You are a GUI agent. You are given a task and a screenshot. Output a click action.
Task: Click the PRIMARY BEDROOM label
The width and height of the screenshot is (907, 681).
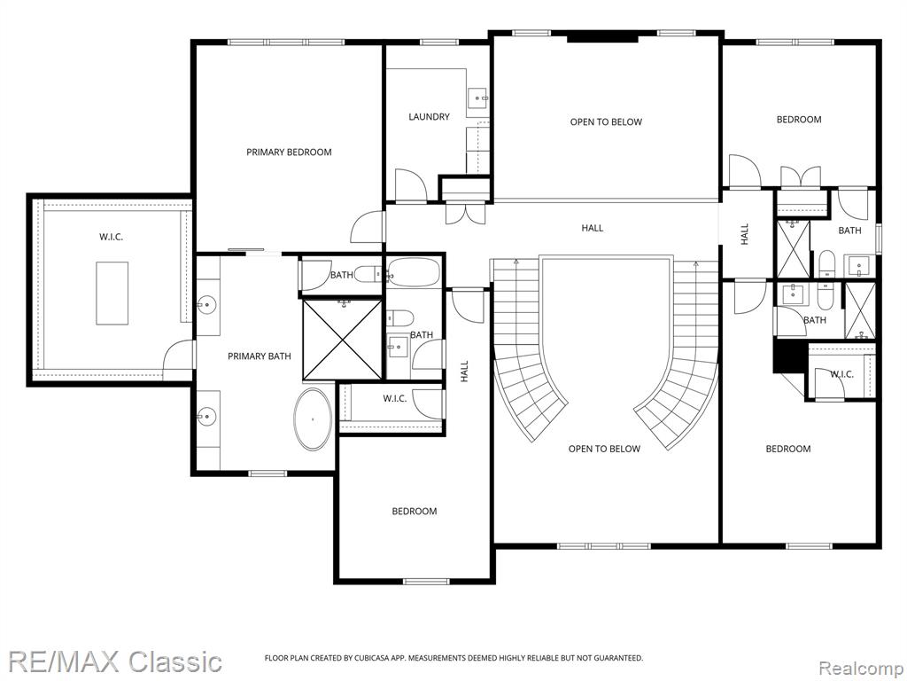[x=289, y=153]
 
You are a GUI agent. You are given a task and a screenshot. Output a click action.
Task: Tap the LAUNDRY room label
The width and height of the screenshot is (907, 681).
[x=429, y=116]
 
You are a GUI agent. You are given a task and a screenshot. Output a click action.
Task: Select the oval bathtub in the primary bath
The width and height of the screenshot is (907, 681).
[x=313, y=419]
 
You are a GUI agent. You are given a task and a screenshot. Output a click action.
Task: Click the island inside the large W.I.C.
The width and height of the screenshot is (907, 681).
[x=112, y=293]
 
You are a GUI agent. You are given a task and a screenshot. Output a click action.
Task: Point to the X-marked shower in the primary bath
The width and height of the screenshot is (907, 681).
[x=343, y=340]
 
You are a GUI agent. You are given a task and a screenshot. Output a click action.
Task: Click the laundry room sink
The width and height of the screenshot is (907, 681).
[x=477, y=98]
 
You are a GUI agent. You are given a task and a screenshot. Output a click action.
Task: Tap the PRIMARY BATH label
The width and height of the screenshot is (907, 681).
[x=260, y=356]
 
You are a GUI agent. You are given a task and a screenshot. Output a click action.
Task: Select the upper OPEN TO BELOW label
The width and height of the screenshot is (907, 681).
[x=606, y=121]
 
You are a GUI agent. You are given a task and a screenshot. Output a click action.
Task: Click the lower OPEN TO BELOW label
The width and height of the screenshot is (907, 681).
[x=604, y=449]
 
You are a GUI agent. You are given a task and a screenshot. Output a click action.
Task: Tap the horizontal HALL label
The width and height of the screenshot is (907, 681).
[x=592, y=228]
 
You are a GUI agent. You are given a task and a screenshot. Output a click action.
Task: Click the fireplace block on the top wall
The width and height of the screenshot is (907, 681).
[x=601, y=39]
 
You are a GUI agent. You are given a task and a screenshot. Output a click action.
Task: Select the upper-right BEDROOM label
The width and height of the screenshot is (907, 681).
[x=798, y=120]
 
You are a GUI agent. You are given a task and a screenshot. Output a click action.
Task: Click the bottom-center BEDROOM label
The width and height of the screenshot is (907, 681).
[x=415, y=512]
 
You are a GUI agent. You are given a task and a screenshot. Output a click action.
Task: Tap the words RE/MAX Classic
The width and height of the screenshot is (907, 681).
[x=115, y=661]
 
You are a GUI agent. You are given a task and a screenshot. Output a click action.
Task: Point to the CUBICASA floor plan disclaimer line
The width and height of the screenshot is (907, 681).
[x=453, y=658]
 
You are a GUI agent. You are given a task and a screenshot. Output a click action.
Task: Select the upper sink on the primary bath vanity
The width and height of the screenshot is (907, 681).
[x=206, y=303]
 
